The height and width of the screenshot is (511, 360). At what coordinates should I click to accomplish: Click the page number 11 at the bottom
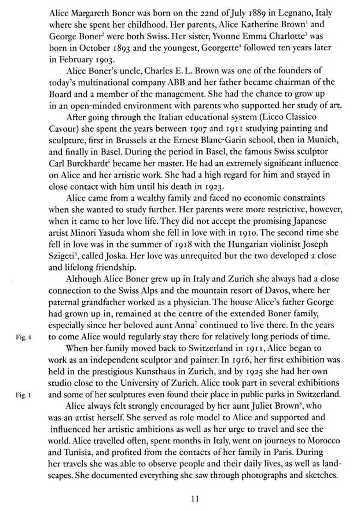click(195, 498)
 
